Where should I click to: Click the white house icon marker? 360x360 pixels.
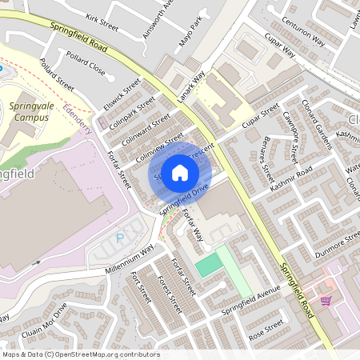tap(180, 172)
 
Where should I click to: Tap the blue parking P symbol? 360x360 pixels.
tap(121, 238)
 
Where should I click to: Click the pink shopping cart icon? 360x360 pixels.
tap(326, 300)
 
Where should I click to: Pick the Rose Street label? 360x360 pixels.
tap(267, 329)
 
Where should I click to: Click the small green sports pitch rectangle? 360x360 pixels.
tap(208, 266)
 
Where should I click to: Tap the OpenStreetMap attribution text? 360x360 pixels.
tap(80, 354)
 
